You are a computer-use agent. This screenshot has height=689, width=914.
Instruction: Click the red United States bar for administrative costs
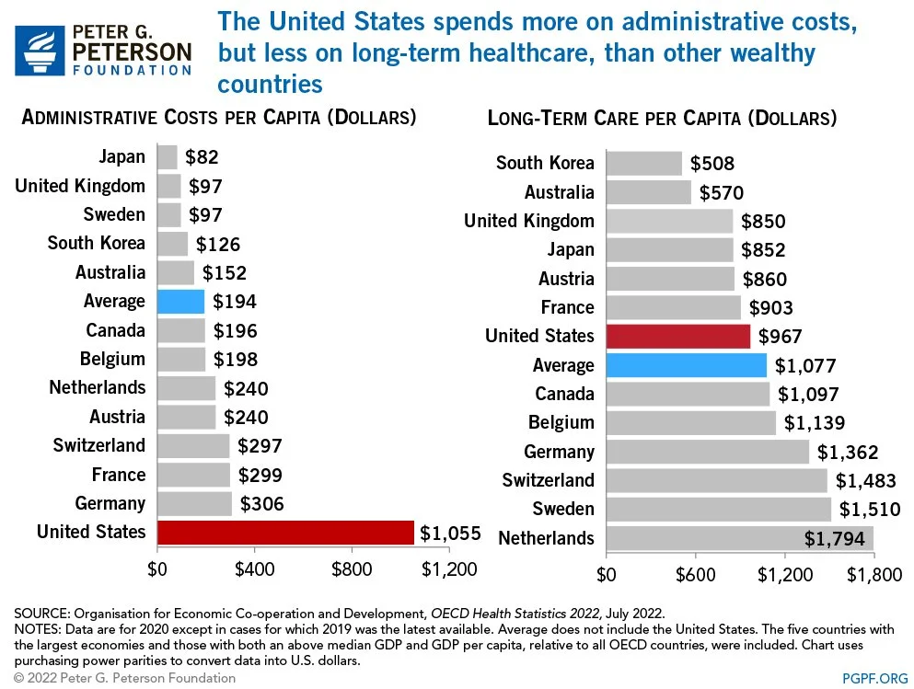[x=285, y=533]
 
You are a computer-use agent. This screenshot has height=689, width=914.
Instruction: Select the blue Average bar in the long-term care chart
[x=686, y=365]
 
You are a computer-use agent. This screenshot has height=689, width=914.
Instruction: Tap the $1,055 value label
[x=450, y=533]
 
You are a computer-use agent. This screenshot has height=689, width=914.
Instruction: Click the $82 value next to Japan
[x=202, y=157]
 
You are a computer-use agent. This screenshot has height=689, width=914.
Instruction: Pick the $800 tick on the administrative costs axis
[x=352, y=569]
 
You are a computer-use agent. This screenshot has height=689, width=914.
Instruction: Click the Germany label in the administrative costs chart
[x=110, y=503]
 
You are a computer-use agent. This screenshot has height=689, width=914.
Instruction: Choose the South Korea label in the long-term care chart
[x=545, y=163]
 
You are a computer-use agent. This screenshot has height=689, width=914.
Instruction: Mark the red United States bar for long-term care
[x=677, y=336]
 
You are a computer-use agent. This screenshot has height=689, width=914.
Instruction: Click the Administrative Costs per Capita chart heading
[x=219, y=118]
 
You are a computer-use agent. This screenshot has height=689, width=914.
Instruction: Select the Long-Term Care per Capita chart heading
[x=662, y=118]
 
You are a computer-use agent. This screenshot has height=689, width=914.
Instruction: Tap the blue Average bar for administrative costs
[x=180, y=302]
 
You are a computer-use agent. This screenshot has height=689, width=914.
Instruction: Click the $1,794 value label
[x=835, y=538]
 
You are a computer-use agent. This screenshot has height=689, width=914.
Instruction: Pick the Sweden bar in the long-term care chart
[x=718, y=509]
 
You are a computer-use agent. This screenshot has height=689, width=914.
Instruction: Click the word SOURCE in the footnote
[x=40, y=612]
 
